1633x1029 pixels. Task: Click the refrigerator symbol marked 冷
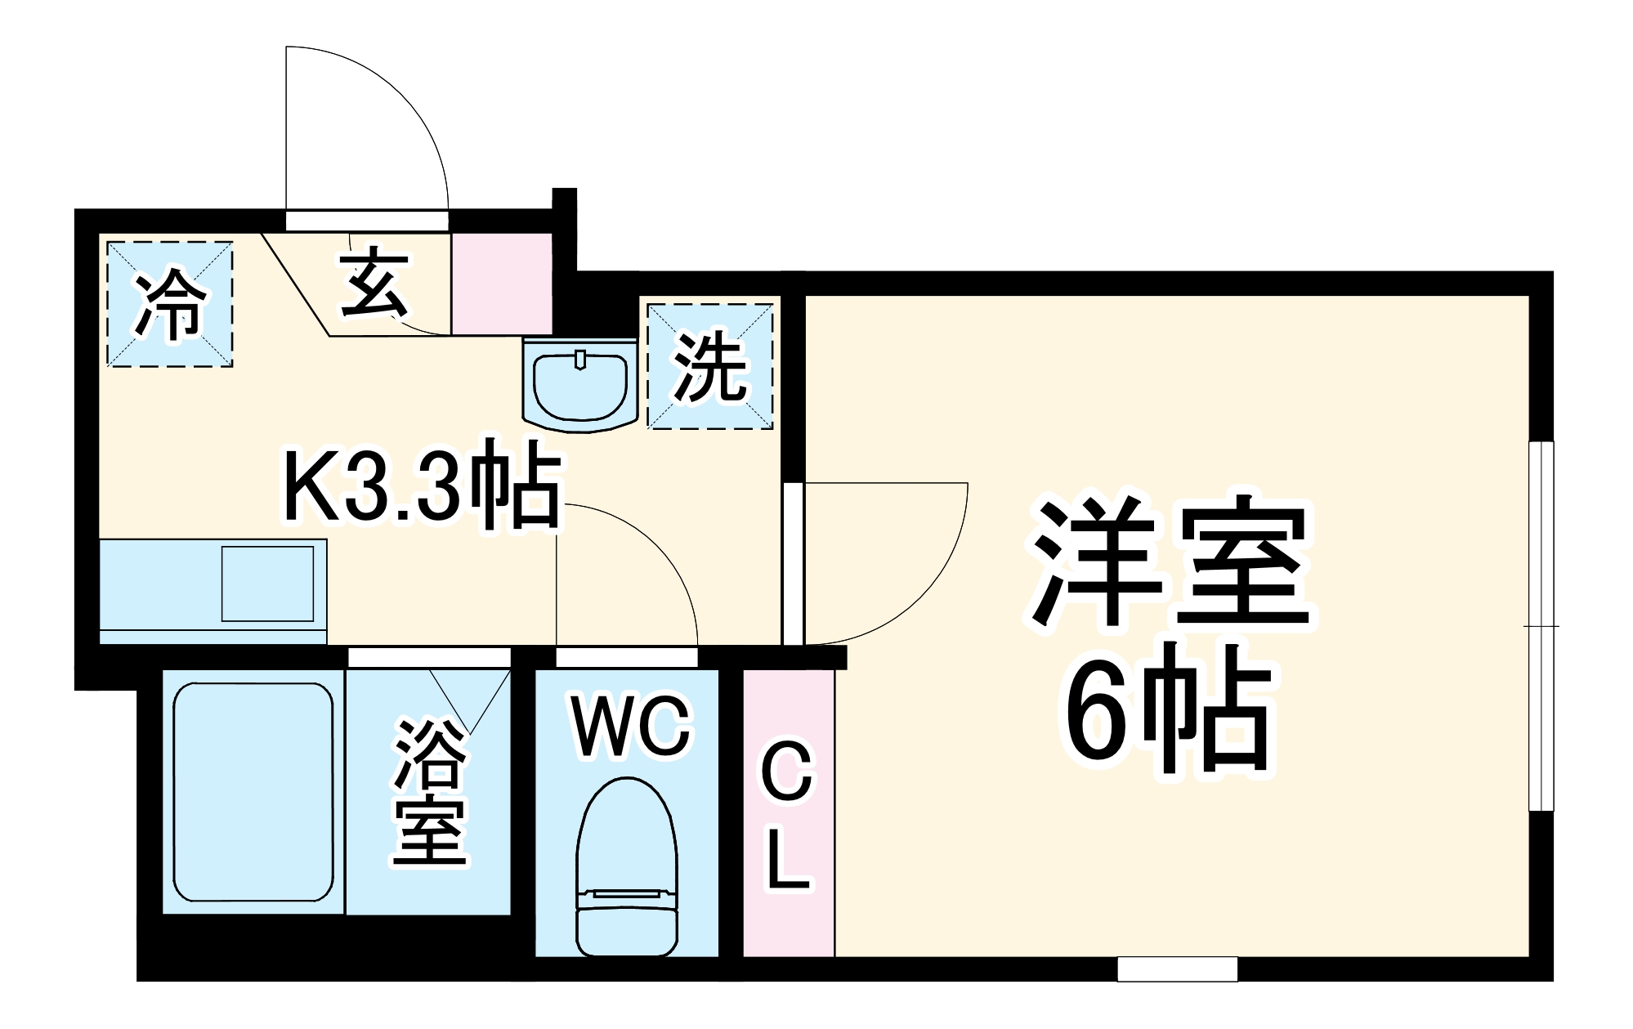[170, 304]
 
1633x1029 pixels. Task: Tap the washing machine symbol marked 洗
[709, 366]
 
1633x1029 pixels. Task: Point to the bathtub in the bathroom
[253, 791]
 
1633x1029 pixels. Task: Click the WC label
[631, 727]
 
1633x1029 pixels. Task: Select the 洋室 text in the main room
[1170, 564]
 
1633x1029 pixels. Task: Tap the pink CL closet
[788, 813]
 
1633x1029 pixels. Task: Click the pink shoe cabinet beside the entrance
[501, 284]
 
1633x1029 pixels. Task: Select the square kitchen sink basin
[267, 584]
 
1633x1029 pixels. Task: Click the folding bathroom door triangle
[470, 699]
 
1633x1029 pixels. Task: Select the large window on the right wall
[1541, 626]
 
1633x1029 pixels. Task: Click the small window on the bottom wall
[1177, 969]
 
